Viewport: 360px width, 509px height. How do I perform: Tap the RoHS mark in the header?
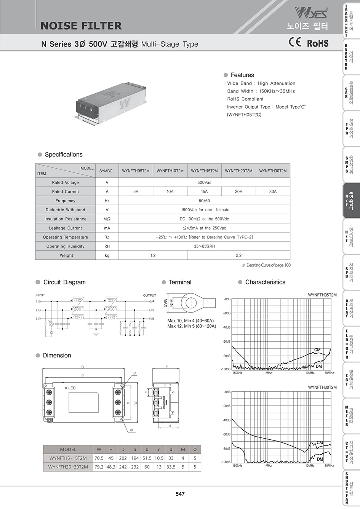(318, 43)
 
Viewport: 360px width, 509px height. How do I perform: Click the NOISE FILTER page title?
(81, 26)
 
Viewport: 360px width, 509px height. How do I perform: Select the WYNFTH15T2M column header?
(204, 171)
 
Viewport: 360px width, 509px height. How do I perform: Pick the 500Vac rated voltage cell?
(204, 182)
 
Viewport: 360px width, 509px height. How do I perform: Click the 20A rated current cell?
(238, 191)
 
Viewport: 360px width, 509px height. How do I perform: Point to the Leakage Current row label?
(66, 228)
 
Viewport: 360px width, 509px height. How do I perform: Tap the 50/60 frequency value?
(204, 201)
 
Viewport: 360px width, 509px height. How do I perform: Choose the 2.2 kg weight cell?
(238, 255)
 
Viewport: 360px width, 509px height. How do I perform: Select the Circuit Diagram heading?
(64, 282)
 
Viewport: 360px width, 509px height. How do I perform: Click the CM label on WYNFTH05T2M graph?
(317, 349)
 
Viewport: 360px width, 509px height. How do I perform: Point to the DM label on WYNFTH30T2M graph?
(320, 459)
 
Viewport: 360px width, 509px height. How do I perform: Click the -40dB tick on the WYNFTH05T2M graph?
(226, 327)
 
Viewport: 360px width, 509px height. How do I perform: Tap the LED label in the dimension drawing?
(72, 388)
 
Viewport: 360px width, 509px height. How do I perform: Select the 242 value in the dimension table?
(123, 467)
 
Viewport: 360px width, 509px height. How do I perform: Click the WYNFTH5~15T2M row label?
(68, 458)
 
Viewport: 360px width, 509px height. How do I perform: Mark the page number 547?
(180, 494)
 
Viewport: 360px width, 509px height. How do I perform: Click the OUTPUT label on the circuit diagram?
(149, 295)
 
